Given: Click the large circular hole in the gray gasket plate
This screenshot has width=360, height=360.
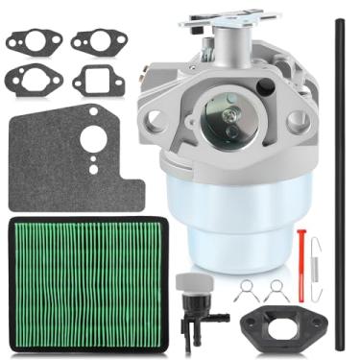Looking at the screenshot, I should click(x=92, y=140).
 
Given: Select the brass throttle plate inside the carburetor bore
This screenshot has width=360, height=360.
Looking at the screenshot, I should click(x=229, y=121).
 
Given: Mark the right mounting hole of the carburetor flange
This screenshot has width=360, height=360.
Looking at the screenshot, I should click(x=298, y=119).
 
